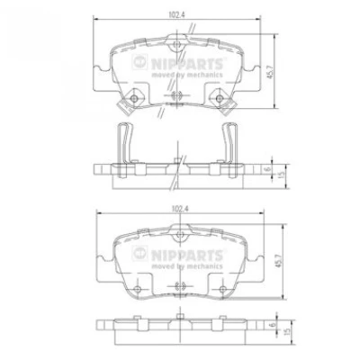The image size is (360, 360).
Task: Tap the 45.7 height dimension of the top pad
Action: [270, 71]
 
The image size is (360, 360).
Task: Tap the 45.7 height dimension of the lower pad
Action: [279, 261]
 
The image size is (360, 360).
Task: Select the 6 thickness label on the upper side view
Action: [269, 168]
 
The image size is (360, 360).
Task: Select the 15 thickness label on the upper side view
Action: [281, 175]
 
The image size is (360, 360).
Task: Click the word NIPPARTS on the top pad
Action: [187, 64]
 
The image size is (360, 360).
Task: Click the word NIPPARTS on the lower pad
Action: [187, 256]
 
